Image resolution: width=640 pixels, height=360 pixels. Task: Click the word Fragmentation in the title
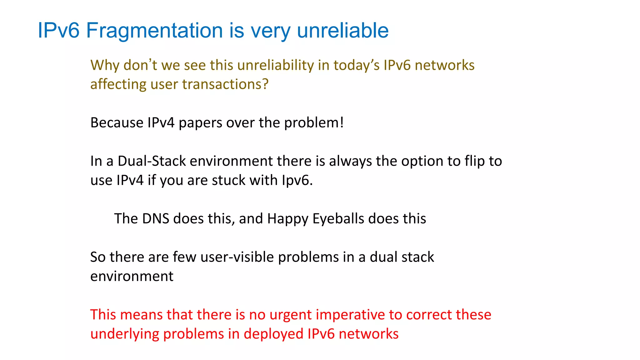[x=154, y=31]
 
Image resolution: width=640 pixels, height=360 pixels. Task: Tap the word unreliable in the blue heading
[x=343, y=31]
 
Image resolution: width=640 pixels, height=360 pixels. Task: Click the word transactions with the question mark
[x=225, y=84]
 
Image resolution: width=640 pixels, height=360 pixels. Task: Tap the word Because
[x=117, y=123]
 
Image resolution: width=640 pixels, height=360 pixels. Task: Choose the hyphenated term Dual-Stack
[x=152, y=161]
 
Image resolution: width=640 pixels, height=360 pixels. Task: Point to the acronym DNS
[x=156, y=219]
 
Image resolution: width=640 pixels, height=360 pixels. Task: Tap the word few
[x=184, y=257]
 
